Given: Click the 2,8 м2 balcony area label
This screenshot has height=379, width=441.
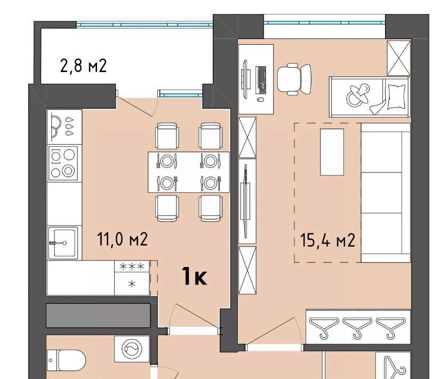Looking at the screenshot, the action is (x=84, y=66).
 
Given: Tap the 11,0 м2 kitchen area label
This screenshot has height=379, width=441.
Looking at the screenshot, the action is (x=122, y=239).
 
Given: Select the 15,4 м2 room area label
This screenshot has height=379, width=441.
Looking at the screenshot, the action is (x=327, y=240).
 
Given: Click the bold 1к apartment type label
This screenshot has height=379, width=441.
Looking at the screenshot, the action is (x=194, y=276).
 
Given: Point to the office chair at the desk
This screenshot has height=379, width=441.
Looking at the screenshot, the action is (x=294, y=79).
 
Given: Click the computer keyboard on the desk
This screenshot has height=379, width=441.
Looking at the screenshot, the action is (x=261, y=80).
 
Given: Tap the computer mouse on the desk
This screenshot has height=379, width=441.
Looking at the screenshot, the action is (x=261, y=100).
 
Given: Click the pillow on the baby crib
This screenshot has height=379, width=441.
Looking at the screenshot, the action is (x=397, y=97).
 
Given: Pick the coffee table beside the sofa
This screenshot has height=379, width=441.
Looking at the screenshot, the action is (x=332, y=152).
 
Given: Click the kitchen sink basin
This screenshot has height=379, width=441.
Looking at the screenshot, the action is (x=63, y=243).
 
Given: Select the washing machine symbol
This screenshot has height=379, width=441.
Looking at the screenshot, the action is (x=132, y=349).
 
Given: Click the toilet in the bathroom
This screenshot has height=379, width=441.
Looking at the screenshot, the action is (x=66, y=360).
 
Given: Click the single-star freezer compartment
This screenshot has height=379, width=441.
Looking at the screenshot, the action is (x=132, y=284).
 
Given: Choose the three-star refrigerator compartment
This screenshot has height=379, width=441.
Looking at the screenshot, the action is (x=132, y=266).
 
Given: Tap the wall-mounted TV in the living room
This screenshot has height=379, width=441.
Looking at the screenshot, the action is (x=246, y=201).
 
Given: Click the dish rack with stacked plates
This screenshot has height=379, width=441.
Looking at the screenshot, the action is (x=64, y=127).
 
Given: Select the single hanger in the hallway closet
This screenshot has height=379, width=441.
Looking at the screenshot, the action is (x=395, y=367).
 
